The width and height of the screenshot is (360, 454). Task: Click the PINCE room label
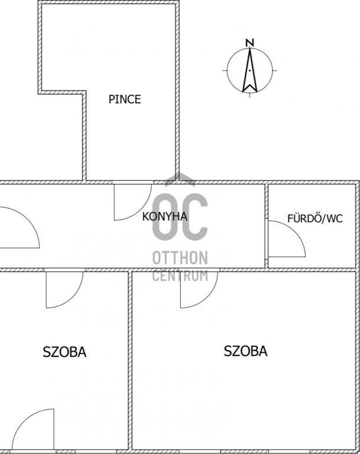[x=125, y=99]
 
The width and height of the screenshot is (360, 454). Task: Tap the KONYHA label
[x=164, y=216]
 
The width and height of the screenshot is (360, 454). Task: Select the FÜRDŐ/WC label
[x=315, y=218]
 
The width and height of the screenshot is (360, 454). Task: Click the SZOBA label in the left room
[x=64, y=352]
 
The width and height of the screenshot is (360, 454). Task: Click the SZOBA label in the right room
[x=245, y=351]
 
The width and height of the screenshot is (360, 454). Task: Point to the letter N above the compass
[x=249, y=43]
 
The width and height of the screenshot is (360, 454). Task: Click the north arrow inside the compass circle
[x=249, y=70]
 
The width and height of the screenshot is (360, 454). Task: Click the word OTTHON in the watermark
[x=180, y=258]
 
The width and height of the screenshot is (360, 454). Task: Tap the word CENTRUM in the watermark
[x=180, y=275]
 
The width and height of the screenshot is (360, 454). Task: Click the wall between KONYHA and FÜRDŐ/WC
[x=267, y=226]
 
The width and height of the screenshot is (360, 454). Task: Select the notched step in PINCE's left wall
[x=62, y=92]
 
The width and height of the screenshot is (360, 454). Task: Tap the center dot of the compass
[x=249, y=70]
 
